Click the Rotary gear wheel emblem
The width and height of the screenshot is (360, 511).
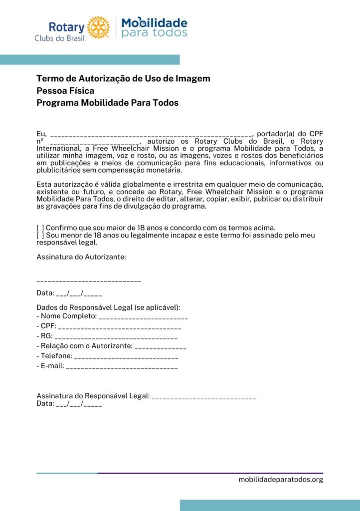[x=98, y=27]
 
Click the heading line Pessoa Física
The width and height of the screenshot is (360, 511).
[x=65, y=91]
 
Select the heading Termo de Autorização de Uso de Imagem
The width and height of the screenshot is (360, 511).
[x=123, y=78]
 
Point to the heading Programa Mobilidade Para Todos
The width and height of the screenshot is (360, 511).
[x=107, y=103]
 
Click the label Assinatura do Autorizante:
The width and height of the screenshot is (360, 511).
[x=81, y=257]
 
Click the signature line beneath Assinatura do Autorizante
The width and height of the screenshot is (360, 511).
[x=89, y=280]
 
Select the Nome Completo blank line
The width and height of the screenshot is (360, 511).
[x=143, y=317]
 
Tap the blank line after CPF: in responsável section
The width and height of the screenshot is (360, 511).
[x=119, y=327]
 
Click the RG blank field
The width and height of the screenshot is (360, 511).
[x=116, y=337]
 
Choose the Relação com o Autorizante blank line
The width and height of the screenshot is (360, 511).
[x=160, y=347]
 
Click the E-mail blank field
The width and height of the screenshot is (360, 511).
[x=122, y=367]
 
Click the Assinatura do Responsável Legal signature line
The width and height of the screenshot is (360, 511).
[x=203, y=397]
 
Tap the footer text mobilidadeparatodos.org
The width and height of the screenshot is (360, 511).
[x=281, y=480]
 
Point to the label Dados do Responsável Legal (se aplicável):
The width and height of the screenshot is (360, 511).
[x=108, y=307]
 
